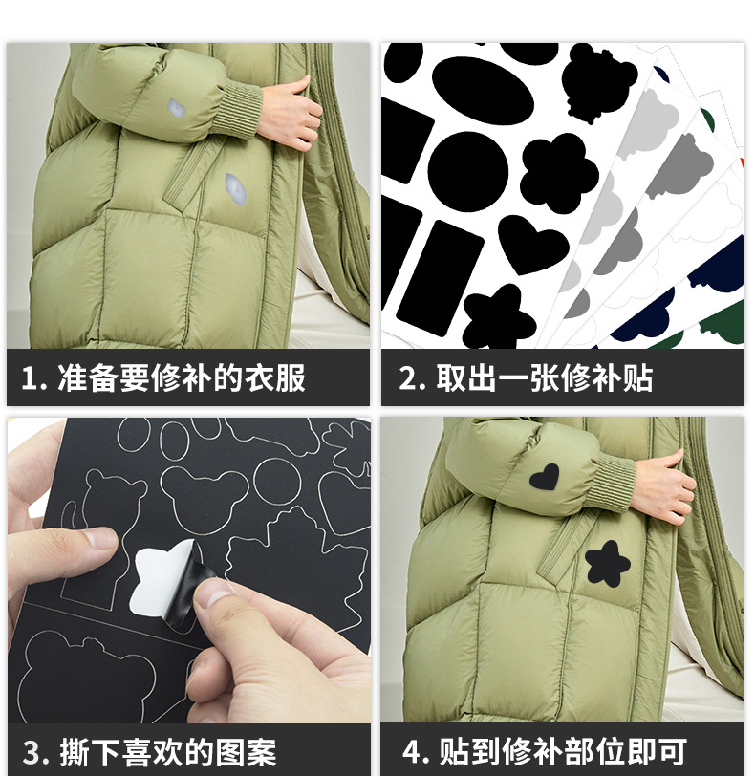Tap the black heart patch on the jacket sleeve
546,477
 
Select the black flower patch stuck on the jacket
607,563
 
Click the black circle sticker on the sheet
467,172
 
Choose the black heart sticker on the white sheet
533,243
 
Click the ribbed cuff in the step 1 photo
244,110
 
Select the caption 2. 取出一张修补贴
526,378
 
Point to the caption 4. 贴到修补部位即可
544,751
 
